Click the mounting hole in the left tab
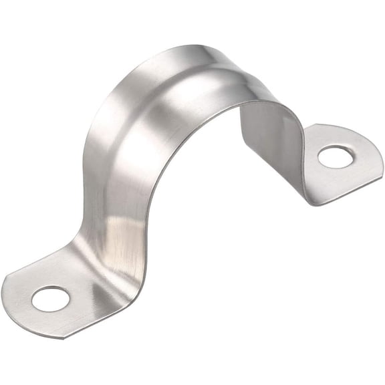point(50,298)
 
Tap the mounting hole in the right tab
point(334,157)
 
